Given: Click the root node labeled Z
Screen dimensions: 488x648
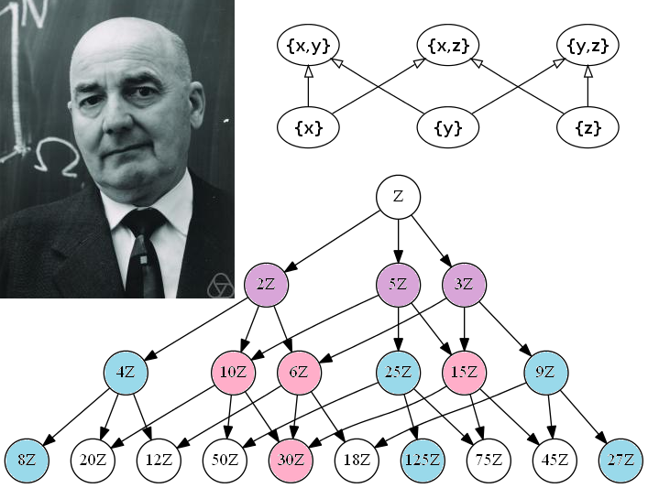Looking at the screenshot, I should click(398, 197).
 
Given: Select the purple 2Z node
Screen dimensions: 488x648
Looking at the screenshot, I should click(266, 284).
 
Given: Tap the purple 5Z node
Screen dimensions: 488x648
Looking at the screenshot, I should click(398, 284).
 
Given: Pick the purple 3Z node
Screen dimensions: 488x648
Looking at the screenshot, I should click(464, 284).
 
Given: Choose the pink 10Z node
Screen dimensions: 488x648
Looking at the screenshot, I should click(234, 373).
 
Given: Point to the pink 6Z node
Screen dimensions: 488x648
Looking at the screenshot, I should click(299, 373).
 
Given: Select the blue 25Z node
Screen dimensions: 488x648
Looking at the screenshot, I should click(398, 373).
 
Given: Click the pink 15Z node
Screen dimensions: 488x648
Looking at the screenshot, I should click(464, 373).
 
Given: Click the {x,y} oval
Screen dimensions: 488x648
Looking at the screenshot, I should click(308, 43).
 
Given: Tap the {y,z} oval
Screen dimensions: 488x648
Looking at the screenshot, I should click(588, 43).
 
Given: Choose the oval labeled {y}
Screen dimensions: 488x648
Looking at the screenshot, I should click(448, 128).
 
